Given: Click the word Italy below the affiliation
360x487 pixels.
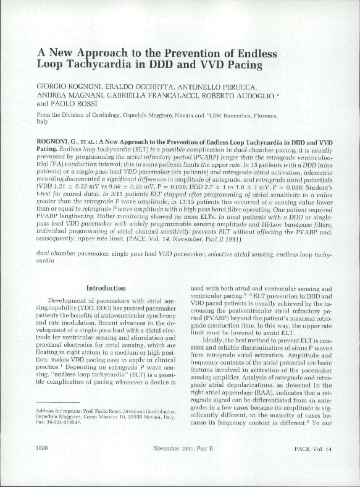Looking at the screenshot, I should pos(44,122).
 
